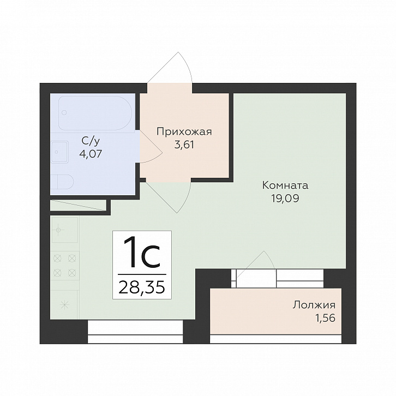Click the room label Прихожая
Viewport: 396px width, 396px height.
pos(184,132)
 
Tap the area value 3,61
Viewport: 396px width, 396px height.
pos(184,145)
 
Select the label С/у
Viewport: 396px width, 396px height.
pos(91,141)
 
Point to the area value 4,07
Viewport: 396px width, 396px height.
pos(91,154)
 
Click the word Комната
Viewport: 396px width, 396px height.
pos(285,185)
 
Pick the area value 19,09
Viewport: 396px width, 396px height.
pos(285,199)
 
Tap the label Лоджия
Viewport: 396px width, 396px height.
pos(314,305)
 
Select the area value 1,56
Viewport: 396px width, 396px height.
pos(325,318)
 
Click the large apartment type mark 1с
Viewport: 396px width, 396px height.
pos(142,253)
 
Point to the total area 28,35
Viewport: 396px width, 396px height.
pos(142,287)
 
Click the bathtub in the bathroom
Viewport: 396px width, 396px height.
pos(95,113)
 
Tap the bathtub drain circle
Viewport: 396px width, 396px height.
pos(64,112)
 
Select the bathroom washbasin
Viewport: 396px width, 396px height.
pos(59,152)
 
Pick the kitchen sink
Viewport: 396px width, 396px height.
pos(65,230)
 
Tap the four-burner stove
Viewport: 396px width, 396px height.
pos(65,266)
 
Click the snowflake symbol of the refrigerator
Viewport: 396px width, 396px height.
pos(65,305)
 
